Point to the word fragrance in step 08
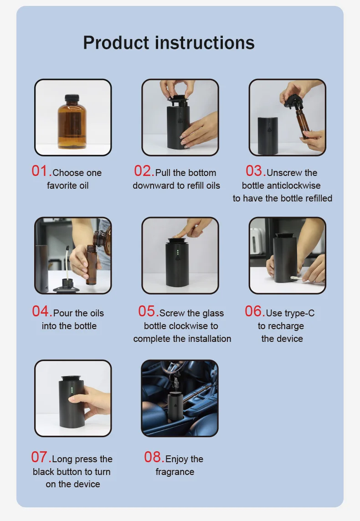175,472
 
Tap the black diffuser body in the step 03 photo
268,135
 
